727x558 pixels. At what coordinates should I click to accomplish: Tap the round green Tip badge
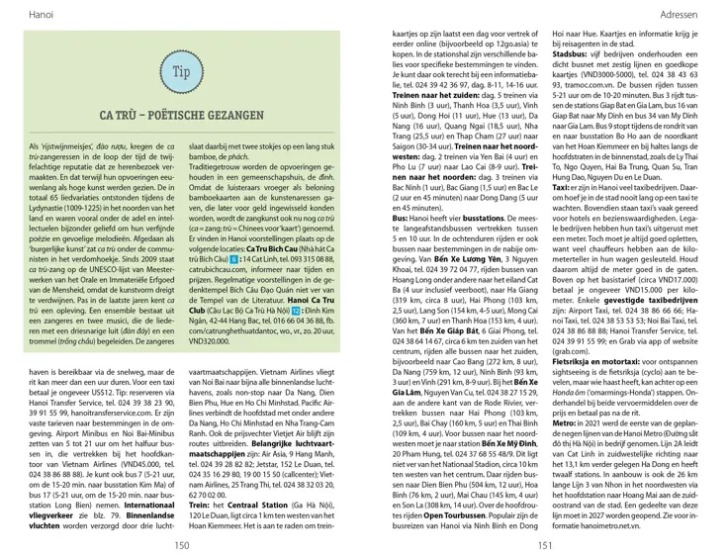(180, 74)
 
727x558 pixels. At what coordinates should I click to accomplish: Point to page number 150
(181, 544)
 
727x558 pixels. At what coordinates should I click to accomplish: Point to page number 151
(545, 544)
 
